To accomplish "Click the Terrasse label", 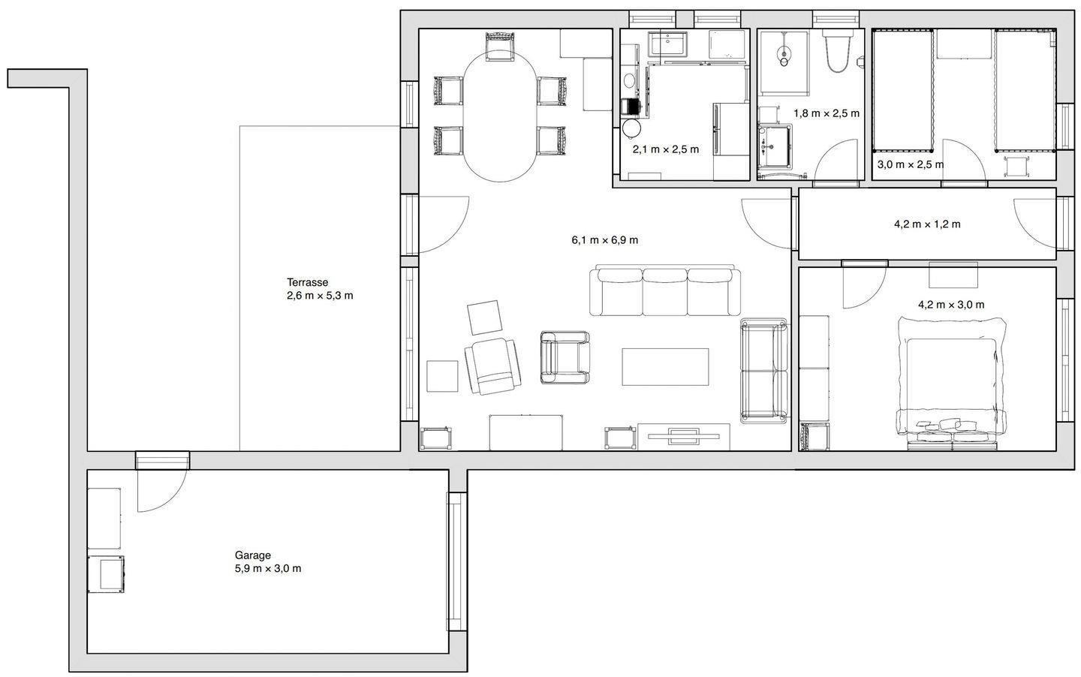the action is click(x=308, y=282).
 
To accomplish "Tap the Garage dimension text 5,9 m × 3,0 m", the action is click(x=268, y=568).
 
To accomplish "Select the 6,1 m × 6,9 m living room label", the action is click(x=605, y=240).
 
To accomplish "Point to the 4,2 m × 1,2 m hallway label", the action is click(x=927, y=224).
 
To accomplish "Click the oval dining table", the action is click(x=500, y=116).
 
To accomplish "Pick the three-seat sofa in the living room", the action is click(x=665, y=290).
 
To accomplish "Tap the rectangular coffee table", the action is click(x=665, y=367).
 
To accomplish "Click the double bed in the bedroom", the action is click(x=951, y=384).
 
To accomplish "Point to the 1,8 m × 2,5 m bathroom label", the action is click(x=827, y=113).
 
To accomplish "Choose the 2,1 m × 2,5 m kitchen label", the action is click(x=665, y=149).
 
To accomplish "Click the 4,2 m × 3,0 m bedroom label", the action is click(x=951, y=305).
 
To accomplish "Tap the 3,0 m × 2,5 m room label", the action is click(x=910, y=164).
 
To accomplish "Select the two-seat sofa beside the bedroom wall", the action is click(x=764, y=371).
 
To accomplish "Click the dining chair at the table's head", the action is click(x=500, y=47).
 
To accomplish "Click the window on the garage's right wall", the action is click(x=456, y=561).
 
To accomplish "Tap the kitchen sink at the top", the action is click(x=667, y=44).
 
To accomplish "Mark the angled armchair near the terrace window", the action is click(x=492, y=366).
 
